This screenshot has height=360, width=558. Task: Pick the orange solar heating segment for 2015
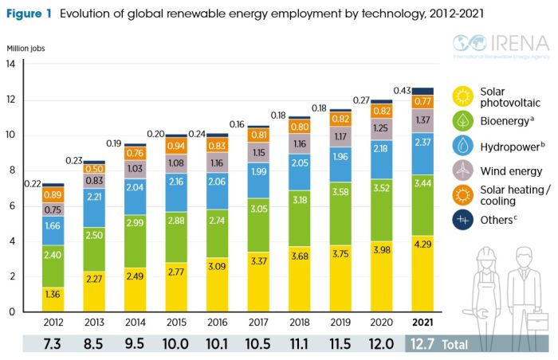pos(176,146)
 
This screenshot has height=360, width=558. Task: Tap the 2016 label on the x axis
pos(217,323)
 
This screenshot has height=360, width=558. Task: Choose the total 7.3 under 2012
pos(53,343)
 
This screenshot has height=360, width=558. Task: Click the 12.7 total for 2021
pos(423,343)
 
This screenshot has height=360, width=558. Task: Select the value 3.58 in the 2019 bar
pos(340,213)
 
